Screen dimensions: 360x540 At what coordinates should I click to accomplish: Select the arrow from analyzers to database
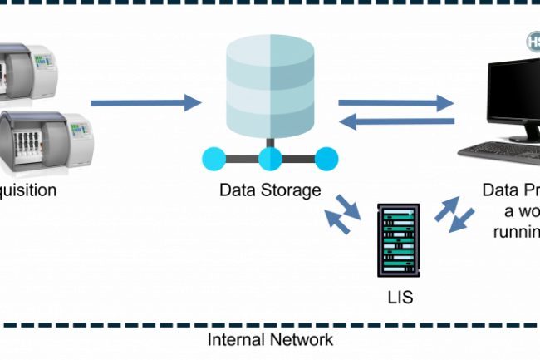146,103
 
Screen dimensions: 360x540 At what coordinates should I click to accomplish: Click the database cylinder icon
270,85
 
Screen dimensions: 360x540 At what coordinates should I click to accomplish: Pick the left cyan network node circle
213,158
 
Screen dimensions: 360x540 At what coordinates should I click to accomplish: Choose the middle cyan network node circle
270,158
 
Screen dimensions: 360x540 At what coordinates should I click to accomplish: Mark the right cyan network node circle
327,158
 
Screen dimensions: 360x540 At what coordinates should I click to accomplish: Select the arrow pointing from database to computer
396,103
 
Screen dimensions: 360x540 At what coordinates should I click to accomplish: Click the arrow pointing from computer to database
396,122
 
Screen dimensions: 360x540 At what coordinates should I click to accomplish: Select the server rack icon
398,239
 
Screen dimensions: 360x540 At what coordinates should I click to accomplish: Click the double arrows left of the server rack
341,215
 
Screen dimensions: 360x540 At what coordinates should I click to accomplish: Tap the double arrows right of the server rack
456,215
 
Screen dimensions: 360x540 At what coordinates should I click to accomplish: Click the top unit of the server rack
398,214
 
